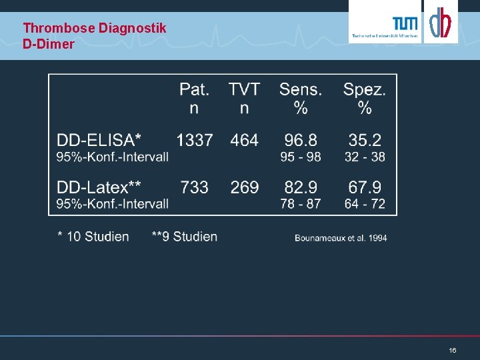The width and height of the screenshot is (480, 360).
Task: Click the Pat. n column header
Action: pyautogui.click(x=194, y=98)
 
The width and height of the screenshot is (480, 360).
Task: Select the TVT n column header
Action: pyautogui.click(x=244, y=98)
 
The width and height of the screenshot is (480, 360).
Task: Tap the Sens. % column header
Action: pyautogui.click(x=300, y=98)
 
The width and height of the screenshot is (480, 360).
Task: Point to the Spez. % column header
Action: pyautogui.click(x=364, y=98)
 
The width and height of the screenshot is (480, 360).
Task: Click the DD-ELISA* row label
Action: pyautogui.click(x=99, y=140)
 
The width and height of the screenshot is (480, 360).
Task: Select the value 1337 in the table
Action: pyautogui.click(x=195, y=140)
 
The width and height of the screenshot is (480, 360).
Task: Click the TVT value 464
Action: pyautogui.click(x=244, y=140)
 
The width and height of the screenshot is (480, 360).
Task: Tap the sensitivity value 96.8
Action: pyautogui.click(x=301, y=140)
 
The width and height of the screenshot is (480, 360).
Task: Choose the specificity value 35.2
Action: pyautogui.click(x=365, y=140)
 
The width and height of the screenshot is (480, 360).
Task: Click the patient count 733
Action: pyautogui.click(x=195, y=187)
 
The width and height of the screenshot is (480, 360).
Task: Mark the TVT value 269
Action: pyautogui.click(x=244, y=187)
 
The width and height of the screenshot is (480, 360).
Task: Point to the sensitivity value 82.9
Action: pyautogui.click(x=301, y=187)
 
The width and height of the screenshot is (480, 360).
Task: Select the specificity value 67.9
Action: pyautogui.click(x=365, y=187)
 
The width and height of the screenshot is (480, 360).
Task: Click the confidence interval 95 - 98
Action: pyautogui.click(x=301, y=157)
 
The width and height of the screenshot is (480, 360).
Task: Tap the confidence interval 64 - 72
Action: pyautogui.click(x=365, y=203)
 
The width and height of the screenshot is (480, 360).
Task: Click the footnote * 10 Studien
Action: pyautogui.click(x=93, y=237)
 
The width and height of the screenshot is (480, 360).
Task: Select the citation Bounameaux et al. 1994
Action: pyautogui.click(x=341, y=237)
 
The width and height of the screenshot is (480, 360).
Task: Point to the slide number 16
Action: pyautogui.click(x=453, y=350)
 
